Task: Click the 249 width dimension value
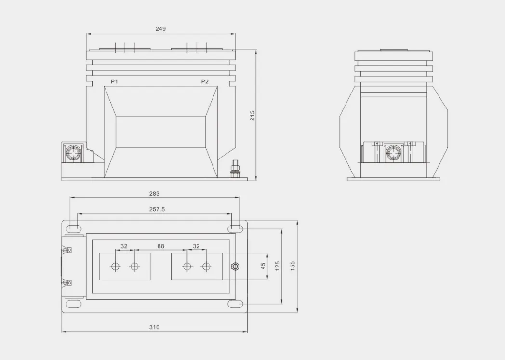tap(160, 29)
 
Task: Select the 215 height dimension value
tap(252, 116)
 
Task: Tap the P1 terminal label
tap(114, 81)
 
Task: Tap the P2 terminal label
tap(205, 81)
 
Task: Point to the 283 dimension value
tap(154, 193)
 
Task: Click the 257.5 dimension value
tap(157, 210)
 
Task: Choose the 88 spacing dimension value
tap(160, 246)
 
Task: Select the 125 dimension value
tap(277, 266)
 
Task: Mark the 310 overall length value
tap(154, 327)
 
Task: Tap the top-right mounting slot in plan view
tap(236, 228)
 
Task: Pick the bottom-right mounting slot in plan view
tap(236, 304)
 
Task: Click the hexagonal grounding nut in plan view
tap(235, 266)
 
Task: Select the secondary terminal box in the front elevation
tap(74, 152)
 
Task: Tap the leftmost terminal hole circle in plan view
tap(116, 266)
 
